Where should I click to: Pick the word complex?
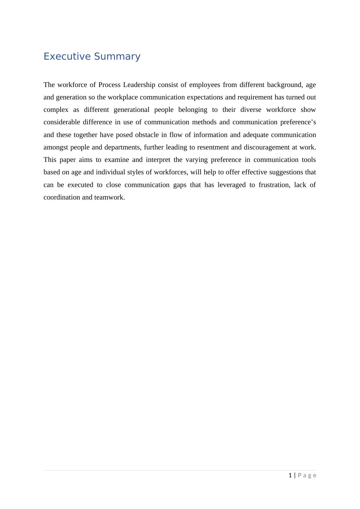56,110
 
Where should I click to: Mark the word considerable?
62,122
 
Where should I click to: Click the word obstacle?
147,135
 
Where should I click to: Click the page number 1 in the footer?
290,475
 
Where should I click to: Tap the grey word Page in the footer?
307,475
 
